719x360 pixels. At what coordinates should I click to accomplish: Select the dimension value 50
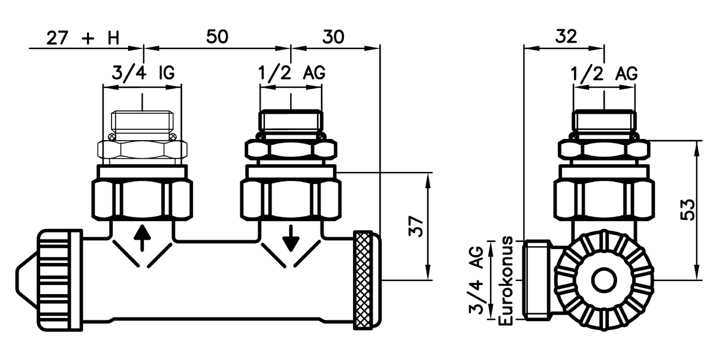217,37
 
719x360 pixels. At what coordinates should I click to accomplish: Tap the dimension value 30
334,37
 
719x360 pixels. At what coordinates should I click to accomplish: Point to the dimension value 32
565,37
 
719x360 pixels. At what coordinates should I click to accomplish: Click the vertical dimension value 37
418,226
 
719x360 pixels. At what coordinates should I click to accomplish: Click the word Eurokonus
506,281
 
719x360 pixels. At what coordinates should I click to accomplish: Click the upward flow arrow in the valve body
142,238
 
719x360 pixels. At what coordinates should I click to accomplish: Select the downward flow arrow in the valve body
291,239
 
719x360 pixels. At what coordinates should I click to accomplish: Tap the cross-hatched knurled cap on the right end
367,280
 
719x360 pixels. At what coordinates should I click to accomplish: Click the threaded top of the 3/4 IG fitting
142,123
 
